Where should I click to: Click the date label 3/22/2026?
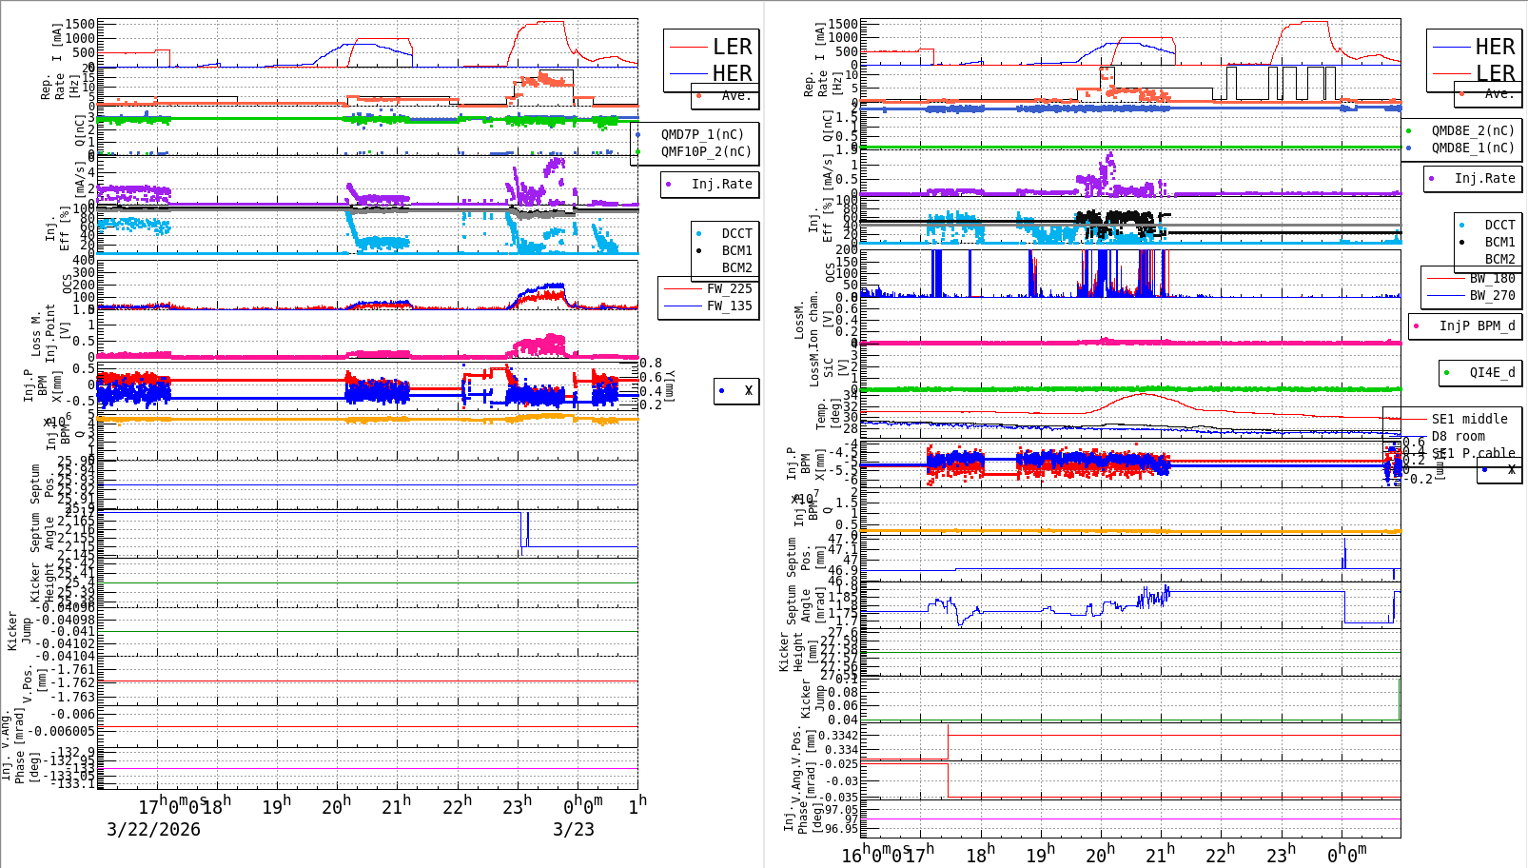click(x=153, y=829)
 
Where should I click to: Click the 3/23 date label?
click(x=574, y=829)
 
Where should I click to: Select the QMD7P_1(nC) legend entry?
click(x=706, y=134)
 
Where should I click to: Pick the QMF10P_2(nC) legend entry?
click(x=706, y=151)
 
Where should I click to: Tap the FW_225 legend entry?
click(x=729, y=288)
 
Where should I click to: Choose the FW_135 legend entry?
click(x=729, y=306)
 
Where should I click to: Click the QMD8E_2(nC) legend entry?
click(x=1473, y=130)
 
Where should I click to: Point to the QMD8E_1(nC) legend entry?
click(x=1473, y=148)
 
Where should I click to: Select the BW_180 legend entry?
click(x=1492, y=278)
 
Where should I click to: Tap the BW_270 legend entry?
click(x=1492, y=295)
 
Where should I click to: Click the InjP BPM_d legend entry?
click(x=1477, y=325)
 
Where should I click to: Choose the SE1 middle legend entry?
click(x=1469, y=419)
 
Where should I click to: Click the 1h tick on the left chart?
click(x=637, y=805)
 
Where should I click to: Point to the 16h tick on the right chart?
click(x=852, y=854)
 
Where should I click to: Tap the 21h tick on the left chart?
click(x=394, y=806)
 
